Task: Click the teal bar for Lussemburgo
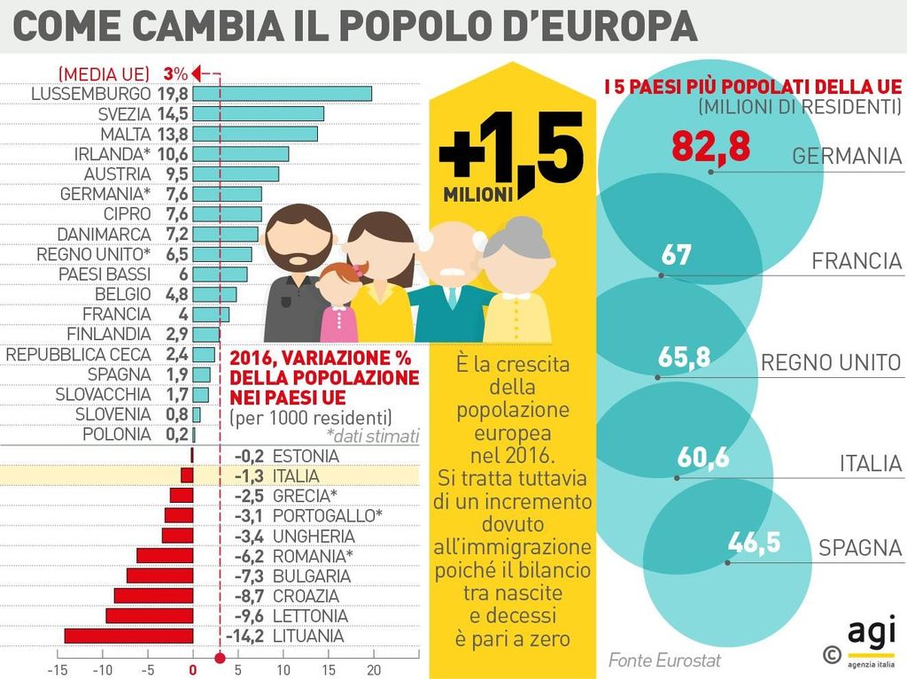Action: tap(282, 94)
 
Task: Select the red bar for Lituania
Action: tap(128, 636)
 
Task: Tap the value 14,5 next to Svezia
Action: tap(173, 114)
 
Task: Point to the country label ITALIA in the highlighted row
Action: tap(297, 475)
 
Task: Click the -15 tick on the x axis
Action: tap(57, 669)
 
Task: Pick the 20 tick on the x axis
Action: tap(374, 669)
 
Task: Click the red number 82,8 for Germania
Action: tap(710, 147)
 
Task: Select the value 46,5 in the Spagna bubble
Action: tap(754, 542)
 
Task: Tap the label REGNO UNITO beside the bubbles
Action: tap(831, 363)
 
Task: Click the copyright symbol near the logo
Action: tap(831, 654)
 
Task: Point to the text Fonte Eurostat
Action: tap(664, 660)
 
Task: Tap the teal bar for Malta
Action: tap(255, 134)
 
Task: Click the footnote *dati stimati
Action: tap(372, 436)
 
